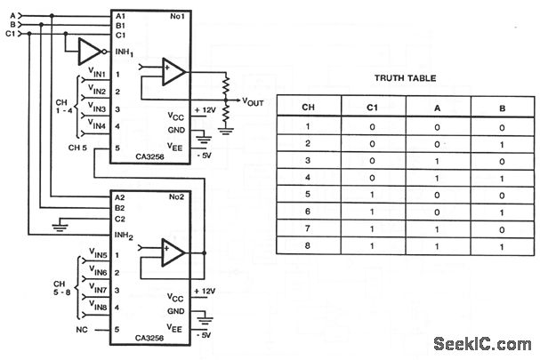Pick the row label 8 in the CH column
tap(309, 243)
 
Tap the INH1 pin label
tap(125, 52)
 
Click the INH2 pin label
tap(125, 235)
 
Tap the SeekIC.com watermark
tap(484, 344)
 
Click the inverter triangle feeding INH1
tap(89, 52)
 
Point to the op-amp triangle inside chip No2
tap(173, 253)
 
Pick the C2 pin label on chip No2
tap(121, 218)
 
